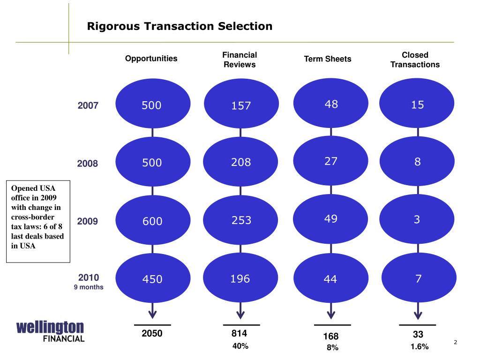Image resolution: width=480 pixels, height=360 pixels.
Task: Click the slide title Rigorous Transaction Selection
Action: (x=180, y=26)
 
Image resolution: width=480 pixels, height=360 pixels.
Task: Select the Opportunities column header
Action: (x=151, y=59)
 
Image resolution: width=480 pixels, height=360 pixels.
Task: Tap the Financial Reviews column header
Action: (x=240, y=60)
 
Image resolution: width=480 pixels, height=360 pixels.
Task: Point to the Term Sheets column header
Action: (x=328, y=59)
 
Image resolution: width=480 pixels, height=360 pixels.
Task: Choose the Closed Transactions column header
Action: (x=415, y=60)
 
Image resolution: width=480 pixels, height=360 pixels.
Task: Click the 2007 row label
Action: (x=88, y=105)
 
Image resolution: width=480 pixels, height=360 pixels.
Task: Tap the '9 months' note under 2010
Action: (x=88, y=287)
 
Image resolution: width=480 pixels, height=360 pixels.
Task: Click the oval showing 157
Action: (x=241, y=105)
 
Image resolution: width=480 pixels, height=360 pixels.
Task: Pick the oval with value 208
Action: (x=241, y=163)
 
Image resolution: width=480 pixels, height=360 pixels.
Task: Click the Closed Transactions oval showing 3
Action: (x=417, y=219)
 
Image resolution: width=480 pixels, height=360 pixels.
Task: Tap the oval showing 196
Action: (x=240, y=279)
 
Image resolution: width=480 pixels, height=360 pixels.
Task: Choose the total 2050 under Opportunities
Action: (x=152, y=334)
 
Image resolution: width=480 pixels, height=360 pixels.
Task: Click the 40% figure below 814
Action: (x=240, y=346)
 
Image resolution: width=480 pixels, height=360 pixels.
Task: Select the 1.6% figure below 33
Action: (x=419, y=346)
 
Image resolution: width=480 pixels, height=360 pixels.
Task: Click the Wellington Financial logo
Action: (x=50, y=331)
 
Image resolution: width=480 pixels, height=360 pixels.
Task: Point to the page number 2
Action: (x=455, y=343)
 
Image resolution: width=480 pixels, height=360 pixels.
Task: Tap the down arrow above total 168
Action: (x=331, y=311)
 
